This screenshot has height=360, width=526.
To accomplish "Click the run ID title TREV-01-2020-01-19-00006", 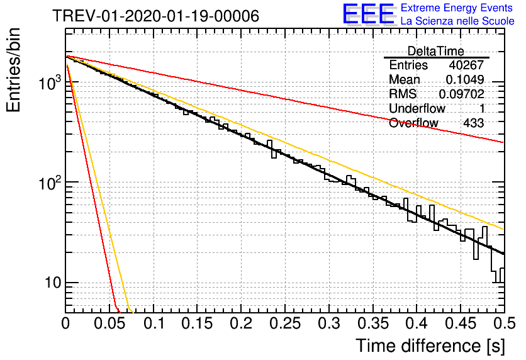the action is (x=156, y=16).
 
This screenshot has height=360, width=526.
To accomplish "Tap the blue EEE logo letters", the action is (x=369, y=14).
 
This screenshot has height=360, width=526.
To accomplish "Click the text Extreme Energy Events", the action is (x=457, y=8).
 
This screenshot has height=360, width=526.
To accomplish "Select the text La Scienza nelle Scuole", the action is (x=457, y=21).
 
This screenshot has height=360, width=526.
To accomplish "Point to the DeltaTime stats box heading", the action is (x=435, y=52).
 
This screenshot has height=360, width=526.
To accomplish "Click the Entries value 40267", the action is (x=467, y=65).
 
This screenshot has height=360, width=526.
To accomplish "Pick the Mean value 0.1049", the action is (x=465, y=79).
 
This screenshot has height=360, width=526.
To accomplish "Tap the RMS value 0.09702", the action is (x=462, y=94).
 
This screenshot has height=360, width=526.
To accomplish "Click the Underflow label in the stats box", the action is (x=417, y=108).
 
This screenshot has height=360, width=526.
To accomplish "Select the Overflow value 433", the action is (x=474, y=123).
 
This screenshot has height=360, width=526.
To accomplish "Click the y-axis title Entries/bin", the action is (x=13, y=70).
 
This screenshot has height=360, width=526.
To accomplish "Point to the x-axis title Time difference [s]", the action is (x=430, y=346).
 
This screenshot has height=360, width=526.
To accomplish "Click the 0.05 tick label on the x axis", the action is (x=109, y=323).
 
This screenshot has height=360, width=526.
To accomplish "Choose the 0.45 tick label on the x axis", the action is (x=461, y=323).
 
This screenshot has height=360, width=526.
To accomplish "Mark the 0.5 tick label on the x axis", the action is (x=504, y=323).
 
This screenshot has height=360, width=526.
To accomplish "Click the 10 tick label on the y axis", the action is (x=53, y=283).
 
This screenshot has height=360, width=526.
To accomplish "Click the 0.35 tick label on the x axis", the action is (x=372, y=323).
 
